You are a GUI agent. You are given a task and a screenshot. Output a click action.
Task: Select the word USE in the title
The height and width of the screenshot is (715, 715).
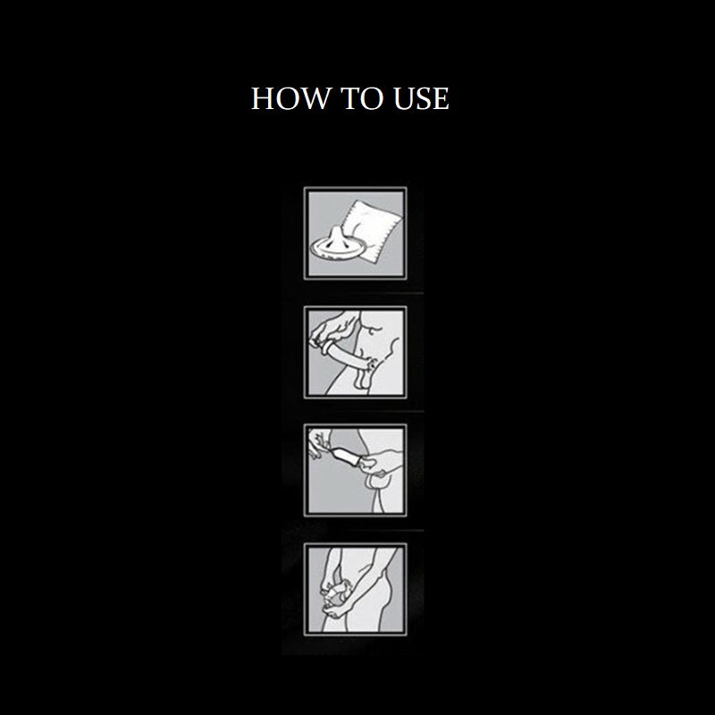tap(421, 98)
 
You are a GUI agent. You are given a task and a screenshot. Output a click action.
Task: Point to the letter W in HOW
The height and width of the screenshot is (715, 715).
tap(318, 98)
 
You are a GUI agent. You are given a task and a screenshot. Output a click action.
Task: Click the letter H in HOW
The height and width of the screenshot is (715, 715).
tap(263, 98)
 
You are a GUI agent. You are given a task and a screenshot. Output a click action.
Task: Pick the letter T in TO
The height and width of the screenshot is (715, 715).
tap(350, 98)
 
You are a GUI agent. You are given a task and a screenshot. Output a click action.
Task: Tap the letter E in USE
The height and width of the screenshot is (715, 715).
tap(442, 98)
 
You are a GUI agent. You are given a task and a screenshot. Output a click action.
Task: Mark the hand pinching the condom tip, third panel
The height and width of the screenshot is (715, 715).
tap(319, 443)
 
